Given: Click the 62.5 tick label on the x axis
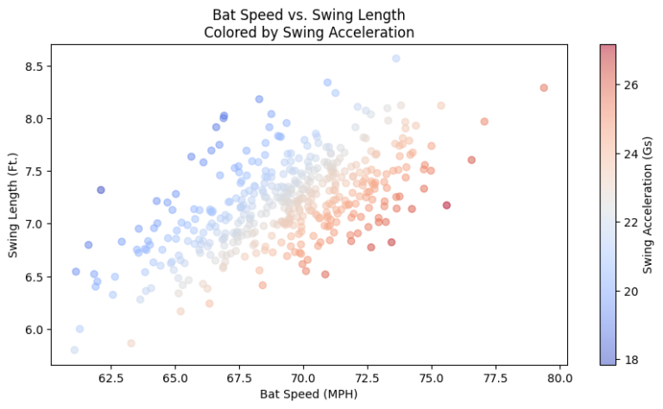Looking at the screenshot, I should tap(109, 377).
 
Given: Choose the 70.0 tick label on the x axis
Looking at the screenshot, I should tap(303, 377).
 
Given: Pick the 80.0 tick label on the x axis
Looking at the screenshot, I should tap(560, 377).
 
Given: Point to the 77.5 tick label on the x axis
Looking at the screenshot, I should tap(496, 377).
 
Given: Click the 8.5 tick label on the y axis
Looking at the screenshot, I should tap(35, 66).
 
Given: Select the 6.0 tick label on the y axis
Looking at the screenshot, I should tap(35, 330).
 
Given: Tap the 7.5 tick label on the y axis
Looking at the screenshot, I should tap(35, 172).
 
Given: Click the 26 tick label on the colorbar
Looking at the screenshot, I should tap(631, 85).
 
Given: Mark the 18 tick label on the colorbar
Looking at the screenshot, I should tap(631, 359).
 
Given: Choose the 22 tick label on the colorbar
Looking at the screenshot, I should tap(631, 223).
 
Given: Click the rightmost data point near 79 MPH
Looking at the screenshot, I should tap(544, 88).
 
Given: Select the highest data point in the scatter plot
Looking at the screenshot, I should tap(396, 59).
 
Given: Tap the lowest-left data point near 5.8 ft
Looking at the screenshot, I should tap(74, 349).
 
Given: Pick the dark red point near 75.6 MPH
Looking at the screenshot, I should tap(446, 205).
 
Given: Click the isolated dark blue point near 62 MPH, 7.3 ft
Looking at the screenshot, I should tap(101, 190).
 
